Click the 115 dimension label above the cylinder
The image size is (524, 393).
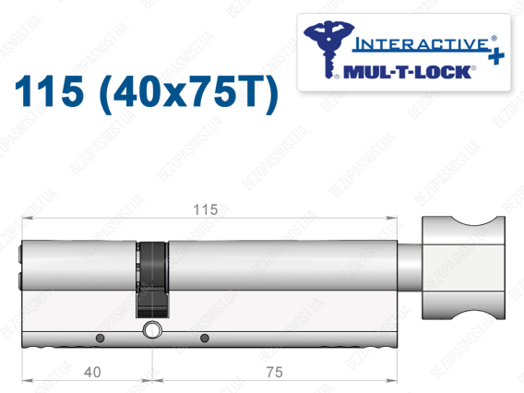tap(205, 209)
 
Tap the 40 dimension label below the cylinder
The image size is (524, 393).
tap(92, 372)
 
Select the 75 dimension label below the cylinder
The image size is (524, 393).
tap(274, 372)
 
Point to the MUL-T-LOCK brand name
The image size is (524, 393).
tap(408, 72)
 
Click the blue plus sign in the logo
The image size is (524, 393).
tap(496, 56)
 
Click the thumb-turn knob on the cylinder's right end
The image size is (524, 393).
tap(463, 268)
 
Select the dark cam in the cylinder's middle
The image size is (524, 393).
tap(152, 280)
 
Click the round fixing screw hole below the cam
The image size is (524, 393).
tap(152, 330)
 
